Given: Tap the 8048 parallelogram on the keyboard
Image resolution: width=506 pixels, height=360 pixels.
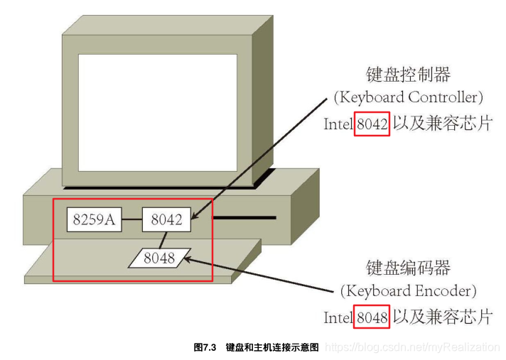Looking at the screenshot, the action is pos(159,258).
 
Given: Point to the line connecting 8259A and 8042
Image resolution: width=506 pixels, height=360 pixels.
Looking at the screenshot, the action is pos(131,220).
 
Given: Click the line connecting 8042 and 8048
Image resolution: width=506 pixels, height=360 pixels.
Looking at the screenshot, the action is pos(163,239).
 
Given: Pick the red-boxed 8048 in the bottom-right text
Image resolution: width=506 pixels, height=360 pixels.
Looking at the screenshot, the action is pos(372,317).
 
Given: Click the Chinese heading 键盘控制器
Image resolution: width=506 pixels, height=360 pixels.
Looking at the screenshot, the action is pos(408,75).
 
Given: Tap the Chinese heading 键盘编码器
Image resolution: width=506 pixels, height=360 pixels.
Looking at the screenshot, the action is pos(408,268).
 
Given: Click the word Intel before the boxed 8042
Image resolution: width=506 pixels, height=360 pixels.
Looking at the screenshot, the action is pos(339,124).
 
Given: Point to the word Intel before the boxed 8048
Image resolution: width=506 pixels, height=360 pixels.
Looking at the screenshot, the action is pos(339,317).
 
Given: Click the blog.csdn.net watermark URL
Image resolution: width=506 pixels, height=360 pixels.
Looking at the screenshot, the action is pos(412,347).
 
